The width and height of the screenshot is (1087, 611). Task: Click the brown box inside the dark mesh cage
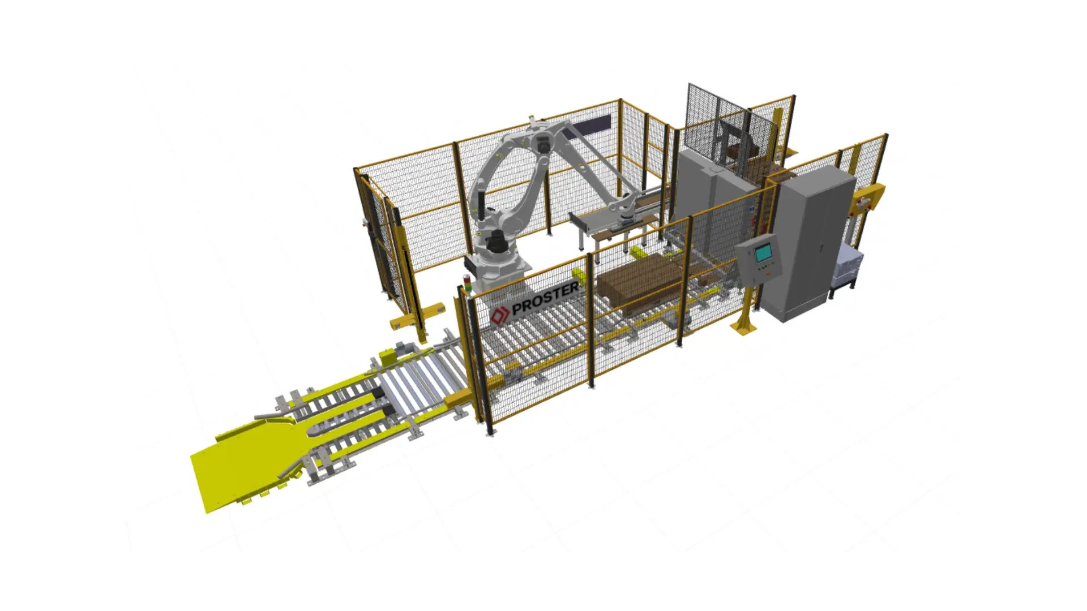tap(735, 152)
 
